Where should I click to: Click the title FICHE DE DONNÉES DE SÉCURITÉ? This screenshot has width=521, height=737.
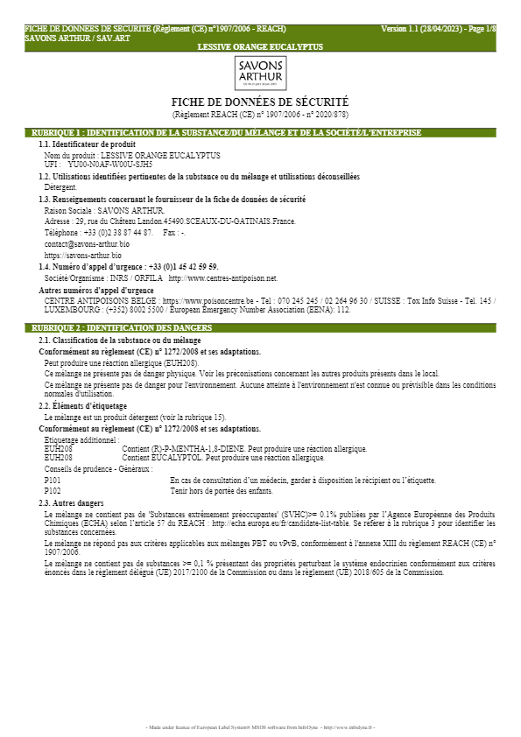tap(260, 102)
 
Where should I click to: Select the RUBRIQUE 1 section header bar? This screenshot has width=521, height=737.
tap(260, 133)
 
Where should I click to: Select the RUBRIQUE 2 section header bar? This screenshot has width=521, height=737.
tap(260, 327)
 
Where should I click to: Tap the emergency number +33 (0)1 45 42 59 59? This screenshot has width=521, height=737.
tap(183, 267)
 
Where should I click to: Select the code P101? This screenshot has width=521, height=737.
tap(53, 481)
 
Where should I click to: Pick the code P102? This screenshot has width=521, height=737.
tap(53, 492)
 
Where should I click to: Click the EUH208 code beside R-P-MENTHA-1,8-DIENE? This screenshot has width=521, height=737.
tap(59, 449)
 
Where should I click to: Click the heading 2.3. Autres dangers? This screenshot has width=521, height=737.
tap(71, 503)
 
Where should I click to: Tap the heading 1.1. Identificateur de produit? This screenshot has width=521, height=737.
tap(87, 144)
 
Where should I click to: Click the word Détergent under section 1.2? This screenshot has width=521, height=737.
tap(60, 187)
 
